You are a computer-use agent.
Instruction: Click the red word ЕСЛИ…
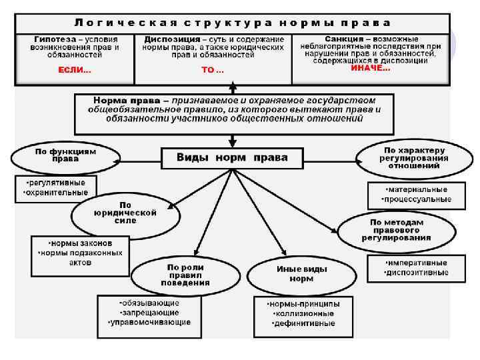(75, 70)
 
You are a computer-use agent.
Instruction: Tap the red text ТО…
(213, 70)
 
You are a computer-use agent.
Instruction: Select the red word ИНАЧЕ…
(371, 68)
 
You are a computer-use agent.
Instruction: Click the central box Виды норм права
(232, 158)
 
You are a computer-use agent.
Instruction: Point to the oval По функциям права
(65, 155)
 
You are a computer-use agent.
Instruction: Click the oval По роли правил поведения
(185, 274)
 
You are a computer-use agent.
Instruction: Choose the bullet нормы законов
(80, 243)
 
